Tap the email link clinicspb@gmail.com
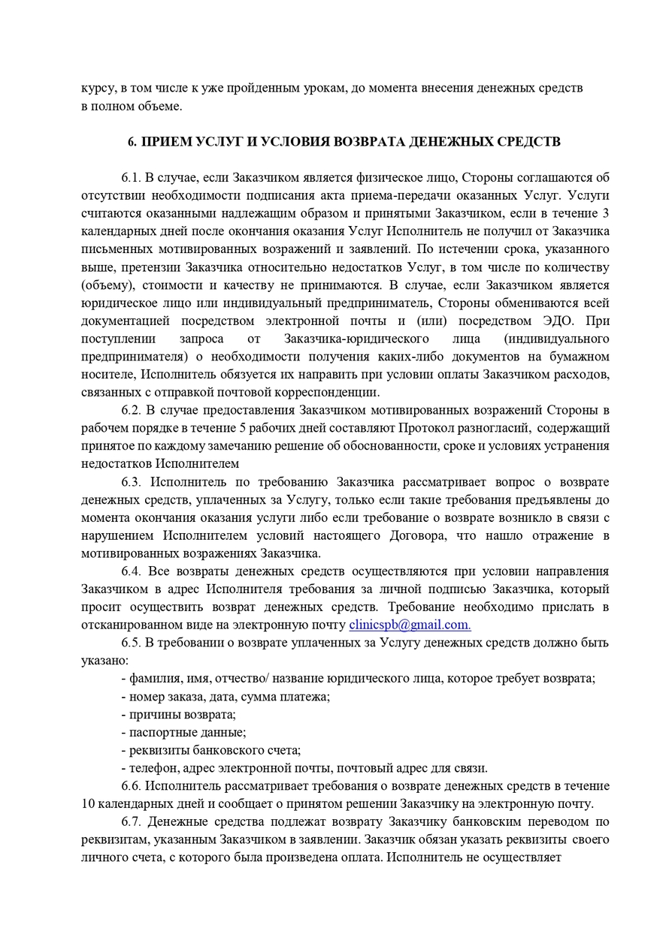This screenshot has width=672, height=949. pos(410,625)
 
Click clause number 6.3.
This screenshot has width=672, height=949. pos(132,481)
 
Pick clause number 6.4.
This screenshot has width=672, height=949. pos(132,571)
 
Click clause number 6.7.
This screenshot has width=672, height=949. pos(132,821)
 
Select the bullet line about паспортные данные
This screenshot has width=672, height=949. pos(183,732)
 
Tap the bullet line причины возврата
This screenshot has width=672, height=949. pos(178,714)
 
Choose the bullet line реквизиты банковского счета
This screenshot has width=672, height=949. pos(210,750)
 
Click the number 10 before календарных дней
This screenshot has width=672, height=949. pos(87,803)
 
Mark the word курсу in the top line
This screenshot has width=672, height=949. pos(98,88)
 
